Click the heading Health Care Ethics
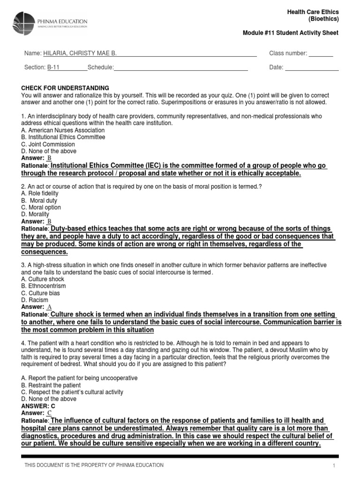[313, 12]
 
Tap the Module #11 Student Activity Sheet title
[290, 33]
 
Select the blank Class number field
[321, 53]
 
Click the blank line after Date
[312, 67]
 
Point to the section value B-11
[53, 67]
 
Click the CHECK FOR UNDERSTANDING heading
[65, 88]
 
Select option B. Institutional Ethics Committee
[63, 137]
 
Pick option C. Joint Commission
[48, 144]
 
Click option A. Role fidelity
[40, 193]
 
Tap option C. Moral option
[41, 207]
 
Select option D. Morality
[35, 214]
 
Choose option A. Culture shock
[43, 279]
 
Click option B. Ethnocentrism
[44, 286]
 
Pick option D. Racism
[35, 300]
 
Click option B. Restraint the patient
[51, 385]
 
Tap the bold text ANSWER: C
[38, 406]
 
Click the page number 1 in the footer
[334, 465]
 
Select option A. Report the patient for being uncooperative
[80, 378]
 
